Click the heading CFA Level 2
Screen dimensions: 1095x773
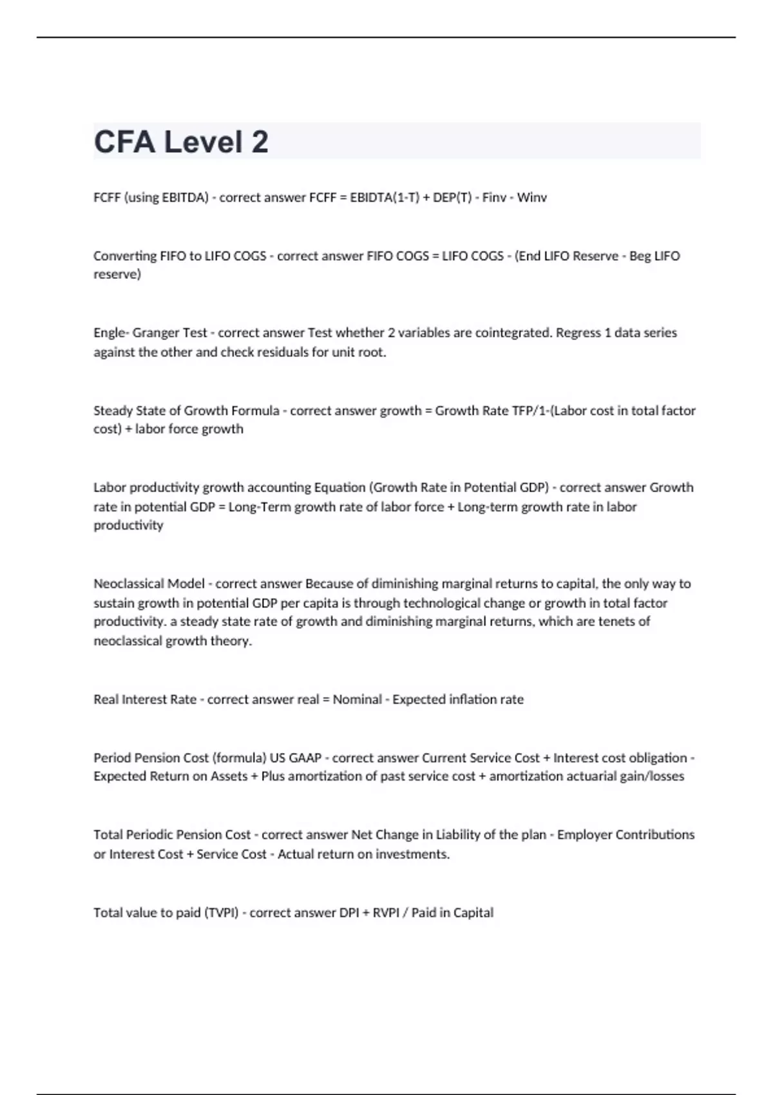pos(181,142)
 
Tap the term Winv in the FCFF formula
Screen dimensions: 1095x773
pos(531,198)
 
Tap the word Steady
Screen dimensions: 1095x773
pos(113,410)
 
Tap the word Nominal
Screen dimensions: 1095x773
pos(357,700)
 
